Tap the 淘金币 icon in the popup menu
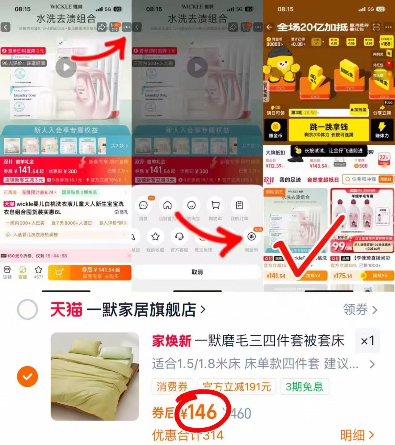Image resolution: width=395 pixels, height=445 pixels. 251,237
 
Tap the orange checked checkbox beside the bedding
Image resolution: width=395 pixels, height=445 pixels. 27,376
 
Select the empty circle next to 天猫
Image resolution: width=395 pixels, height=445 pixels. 27,310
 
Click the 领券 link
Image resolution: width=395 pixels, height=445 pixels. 360,310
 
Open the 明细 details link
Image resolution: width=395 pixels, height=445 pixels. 357,435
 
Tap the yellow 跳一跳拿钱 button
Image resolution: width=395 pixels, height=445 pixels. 329,130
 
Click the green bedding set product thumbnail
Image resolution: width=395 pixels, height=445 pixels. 95,376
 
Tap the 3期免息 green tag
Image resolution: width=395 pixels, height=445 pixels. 304,386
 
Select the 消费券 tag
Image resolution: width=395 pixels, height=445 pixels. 172,386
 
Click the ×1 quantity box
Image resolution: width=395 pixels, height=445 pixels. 367,341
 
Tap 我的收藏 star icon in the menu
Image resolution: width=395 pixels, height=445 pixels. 155,237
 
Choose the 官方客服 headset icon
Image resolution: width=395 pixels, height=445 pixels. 179,237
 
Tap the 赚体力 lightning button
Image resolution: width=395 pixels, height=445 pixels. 382,130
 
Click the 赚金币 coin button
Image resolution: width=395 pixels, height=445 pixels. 275,130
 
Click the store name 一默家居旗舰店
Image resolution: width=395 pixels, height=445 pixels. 141,310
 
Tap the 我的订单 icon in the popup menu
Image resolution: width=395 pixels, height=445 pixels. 239,206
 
